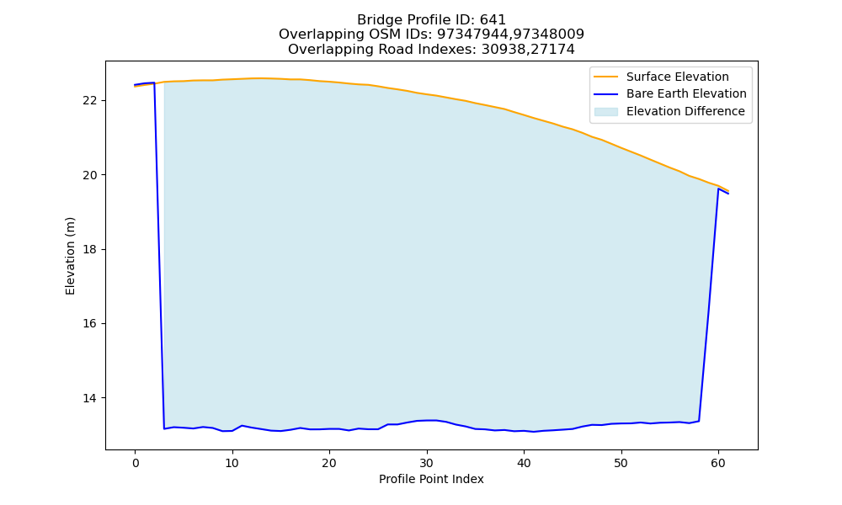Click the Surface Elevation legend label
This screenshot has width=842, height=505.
[677, 77]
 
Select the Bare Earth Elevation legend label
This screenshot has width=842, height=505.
[686, 94]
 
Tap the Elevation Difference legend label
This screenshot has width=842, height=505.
[685, 112]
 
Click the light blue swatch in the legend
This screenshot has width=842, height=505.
[605, 112]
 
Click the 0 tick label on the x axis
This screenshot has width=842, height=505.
[136, 463]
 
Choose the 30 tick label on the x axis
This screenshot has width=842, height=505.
[426, 463]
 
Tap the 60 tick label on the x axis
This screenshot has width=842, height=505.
[718, 463]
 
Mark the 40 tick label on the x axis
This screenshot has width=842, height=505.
[524, 463]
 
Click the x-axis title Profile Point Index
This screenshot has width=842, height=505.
[431, 479]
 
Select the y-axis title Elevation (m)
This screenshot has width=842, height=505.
[71, 256]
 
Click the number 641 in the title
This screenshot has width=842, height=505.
[493, 20]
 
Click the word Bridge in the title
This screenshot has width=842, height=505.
[376, 20]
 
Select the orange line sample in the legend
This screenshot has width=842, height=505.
[605, 77]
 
